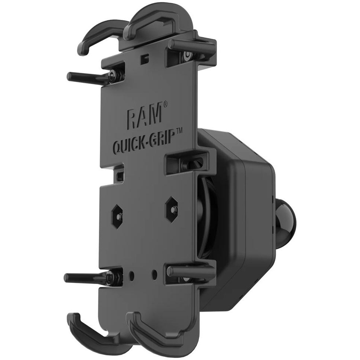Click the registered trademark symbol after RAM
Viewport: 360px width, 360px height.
[x=165, y=104]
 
